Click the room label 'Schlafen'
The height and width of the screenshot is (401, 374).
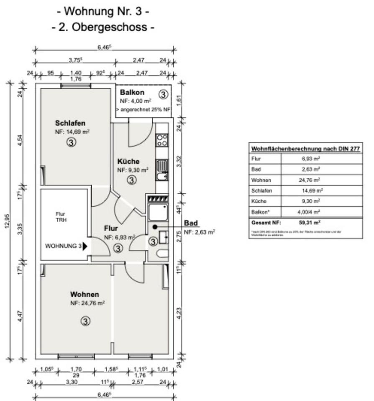pyautogui.click(x=70, y=123)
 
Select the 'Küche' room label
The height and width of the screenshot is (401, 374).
pyautogui.click(x=128, y=162)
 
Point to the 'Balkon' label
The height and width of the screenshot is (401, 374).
pyautogui.click(x=132, y=92)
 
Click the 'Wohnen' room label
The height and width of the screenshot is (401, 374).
pyautogui.click(x=85, y=294)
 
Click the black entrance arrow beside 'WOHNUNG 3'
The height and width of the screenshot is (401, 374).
pyautogui.click(x=85, y=246)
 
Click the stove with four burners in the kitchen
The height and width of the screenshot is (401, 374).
pyautogui.click(x=162, y=140)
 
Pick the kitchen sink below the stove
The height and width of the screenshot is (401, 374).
pyautogui.click(x=161, y=170)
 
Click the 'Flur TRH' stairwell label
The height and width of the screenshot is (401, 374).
pyautogui.click(x=61, y=216)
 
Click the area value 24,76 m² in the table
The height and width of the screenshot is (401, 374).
pyautogui.click(x=311, y=180)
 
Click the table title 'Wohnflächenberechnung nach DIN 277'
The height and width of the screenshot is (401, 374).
pyautogui.click(x=305, y=149)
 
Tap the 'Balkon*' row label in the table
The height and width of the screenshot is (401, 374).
pyautogui.click(x=260, y=212)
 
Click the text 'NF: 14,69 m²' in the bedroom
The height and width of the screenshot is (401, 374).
pyautogui.click(x=73, y=132)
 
